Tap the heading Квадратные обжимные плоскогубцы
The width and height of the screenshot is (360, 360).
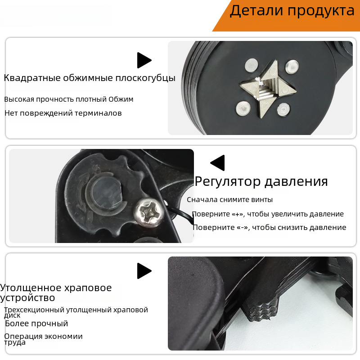(90, 78)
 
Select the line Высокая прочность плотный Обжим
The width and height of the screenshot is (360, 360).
(69, 99)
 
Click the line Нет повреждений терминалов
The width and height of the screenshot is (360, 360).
(63, 113)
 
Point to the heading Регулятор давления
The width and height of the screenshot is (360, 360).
(261, 182)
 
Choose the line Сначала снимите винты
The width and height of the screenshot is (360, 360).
(229, 200)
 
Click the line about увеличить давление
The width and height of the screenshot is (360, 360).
(268, 214)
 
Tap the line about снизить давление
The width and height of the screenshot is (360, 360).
(269, 228)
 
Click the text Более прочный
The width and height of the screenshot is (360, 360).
(36, 324)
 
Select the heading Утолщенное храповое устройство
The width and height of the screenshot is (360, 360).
(56, 293)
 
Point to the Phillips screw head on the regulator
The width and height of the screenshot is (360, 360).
(149, 212)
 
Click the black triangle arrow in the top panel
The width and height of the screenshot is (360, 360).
(144, 60)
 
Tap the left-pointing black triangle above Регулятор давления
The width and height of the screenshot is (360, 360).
(218, 163)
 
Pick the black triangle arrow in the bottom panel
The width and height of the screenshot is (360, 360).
(144, 271)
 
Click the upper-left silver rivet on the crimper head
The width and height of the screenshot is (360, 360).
(252, 65)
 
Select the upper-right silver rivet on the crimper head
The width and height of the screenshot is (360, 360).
(292, 67)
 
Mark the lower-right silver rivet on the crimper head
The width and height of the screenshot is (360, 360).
(283, 109)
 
